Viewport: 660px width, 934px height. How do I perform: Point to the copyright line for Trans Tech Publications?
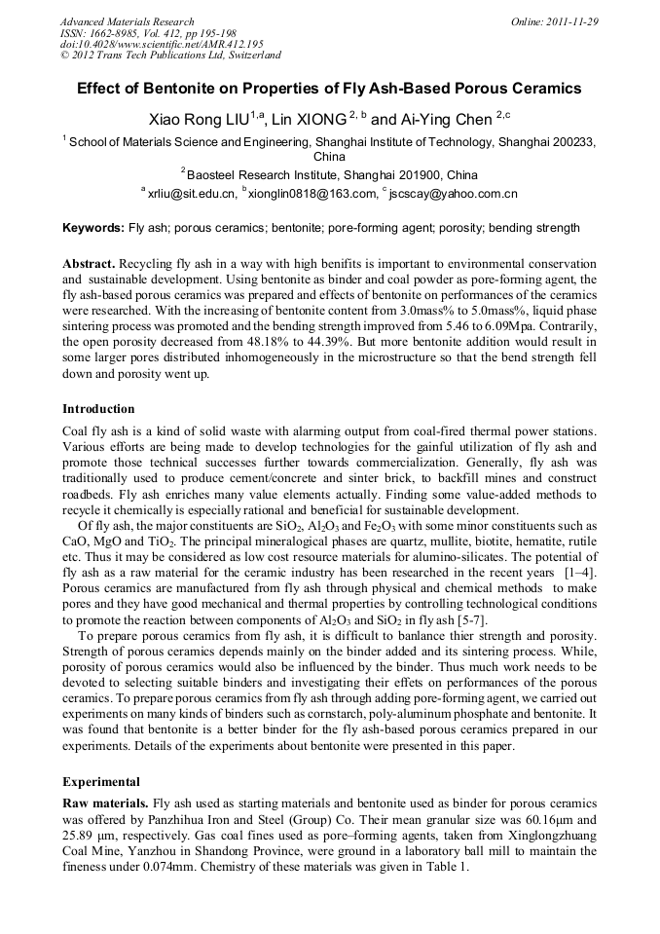pyautogui.click(x=170, y=56)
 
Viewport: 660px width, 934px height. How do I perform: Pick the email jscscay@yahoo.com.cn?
pyautogui.click(x=453, y=194)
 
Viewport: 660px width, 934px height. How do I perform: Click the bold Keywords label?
pyautogui.click(x=93, y=228)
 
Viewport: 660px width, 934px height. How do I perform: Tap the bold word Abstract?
pyautogui.click(x=89, y=264)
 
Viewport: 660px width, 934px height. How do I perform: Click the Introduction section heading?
pyautogui.click(x=98, y=408)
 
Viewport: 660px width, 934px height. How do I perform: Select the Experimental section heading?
pyautogui.click(x=101, y=781)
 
